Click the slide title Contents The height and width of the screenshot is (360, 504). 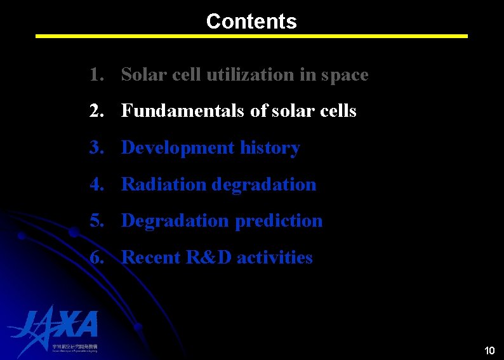(x=251, y=21)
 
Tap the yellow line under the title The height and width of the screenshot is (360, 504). (x=251, y=36)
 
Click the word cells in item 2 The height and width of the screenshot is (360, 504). (x=338, y=111)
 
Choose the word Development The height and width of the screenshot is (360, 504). (x=178, y=148)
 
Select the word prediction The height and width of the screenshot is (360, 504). (x=279, y=221)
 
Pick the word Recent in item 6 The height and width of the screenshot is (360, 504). (x=151, y=258)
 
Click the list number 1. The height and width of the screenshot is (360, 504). (x=96, y=75)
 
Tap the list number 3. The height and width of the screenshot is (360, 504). (x=96, y=148)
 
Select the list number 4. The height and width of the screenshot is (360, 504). (x=96, y=185)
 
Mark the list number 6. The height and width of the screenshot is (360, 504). (x=96, y=258)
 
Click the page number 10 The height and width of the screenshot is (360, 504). (x=489, y=350)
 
